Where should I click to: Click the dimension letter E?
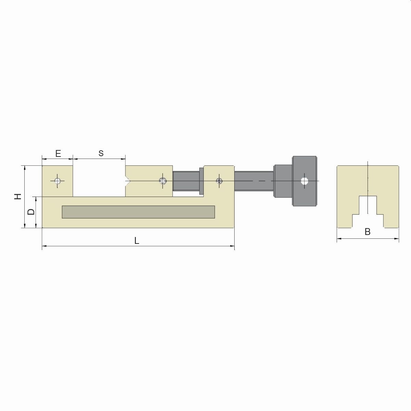click(x=58, y=153)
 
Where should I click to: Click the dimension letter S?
click(x=101, y=153)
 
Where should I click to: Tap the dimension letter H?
click(x=18, y=197)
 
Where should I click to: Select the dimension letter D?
click(x=32, y=212)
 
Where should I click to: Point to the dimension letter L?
click(x=137, y=241)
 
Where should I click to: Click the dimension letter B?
click(x=368, y=232)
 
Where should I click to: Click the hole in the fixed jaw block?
click(x=58, y=181)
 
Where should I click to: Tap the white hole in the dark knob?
click(x=304, y=181)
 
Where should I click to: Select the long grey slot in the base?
click(x=138, y=212)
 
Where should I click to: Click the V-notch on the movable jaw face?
click(x=127, y=181)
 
